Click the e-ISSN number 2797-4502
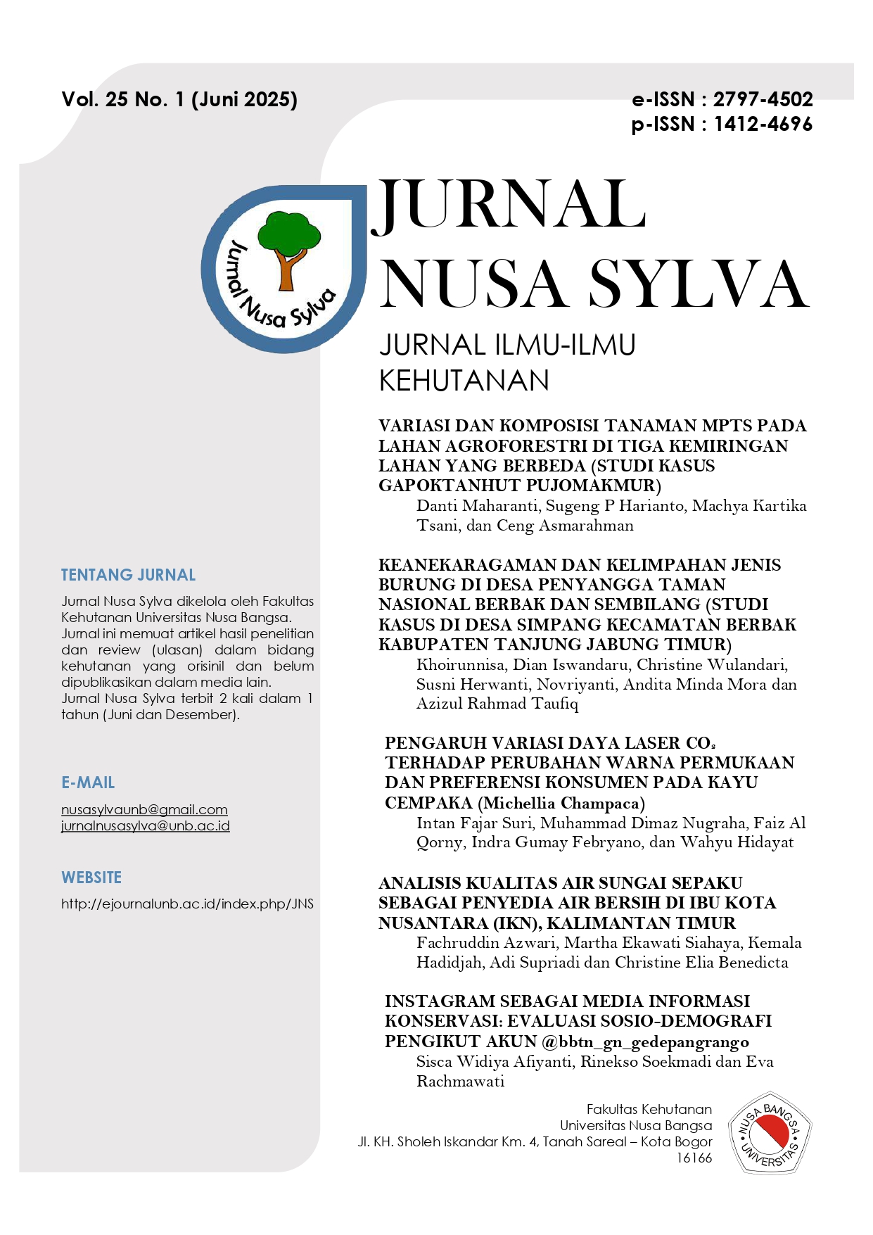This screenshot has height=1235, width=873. pyautogui.click(x=763, y=99)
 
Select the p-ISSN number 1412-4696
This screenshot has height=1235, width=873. pyautogui.click(x=763, y=125)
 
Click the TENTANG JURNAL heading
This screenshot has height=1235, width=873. pyautogui.click(x=128, y=575)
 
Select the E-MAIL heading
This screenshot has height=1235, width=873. pyautogui.click(x=88, y=783)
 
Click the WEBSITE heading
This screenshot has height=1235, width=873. pyautogui.click(x=91, y=878)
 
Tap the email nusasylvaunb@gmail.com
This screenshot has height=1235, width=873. pyautogui.click(x=144, y=810)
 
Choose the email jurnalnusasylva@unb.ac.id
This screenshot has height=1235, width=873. pyautogui.click(x=145, y=826)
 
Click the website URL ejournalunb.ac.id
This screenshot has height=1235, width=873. pyautogui.click(x=187, y=904)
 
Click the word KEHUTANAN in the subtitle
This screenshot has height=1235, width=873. pyautogui.click(x=464, y=381)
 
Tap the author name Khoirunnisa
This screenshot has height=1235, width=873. pyautogui.click(x=460, y=665)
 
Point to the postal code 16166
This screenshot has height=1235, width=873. pyautogui.click(x=694, y=1158)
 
